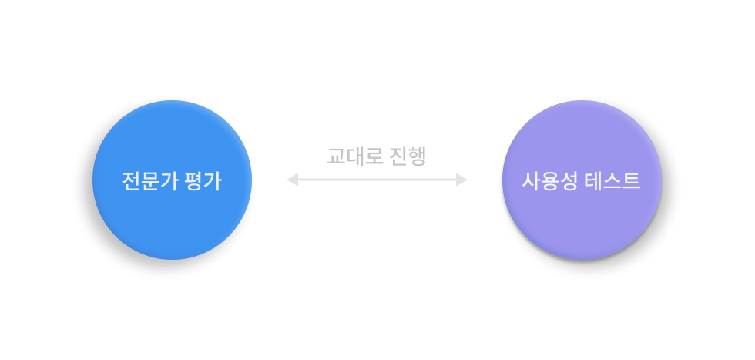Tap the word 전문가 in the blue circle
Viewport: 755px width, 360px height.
click(x=151, y=181)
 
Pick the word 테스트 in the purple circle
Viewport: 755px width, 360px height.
click(x=612, y=181)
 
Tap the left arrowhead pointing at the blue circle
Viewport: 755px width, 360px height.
click(x=292, y=180)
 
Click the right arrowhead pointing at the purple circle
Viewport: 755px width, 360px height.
click(x=462, y=180)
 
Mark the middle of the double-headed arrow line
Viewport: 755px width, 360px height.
click(x=377, y=180)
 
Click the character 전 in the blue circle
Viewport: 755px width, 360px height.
click(x=132, y=181)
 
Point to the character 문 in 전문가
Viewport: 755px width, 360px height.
click(x=152, y=181)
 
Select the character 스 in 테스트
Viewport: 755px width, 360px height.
click(x=612, y=181)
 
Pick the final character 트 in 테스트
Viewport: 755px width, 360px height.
click(x=632, y=181)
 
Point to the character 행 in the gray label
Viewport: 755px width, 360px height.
click(x=417, y=156)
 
